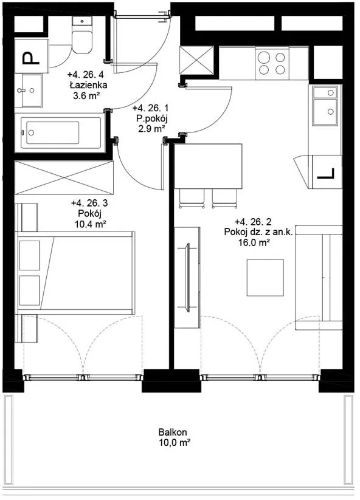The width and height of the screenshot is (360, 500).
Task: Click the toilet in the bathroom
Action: tap(82, 36)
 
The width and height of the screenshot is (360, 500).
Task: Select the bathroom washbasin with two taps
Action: tap(28, 91)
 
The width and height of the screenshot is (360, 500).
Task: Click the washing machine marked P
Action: tap(32, 56)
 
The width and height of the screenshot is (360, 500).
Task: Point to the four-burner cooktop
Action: tap(272, 63)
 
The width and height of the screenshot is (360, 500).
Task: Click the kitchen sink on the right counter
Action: tap(325, 106)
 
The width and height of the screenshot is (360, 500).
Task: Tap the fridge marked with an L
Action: tap(327, 172)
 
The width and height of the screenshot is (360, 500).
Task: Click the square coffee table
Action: tap(265, 278)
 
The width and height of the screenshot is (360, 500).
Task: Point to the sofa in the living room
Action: tap(319, 278)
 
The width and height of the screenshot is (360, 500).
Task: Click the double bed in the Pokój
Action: tap(75, 273)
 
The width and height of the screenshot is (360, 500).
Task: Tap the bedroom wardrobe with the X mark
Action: tap(64, 177)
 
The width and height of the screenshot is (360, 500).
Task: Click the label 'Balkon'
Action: tap(173, 433)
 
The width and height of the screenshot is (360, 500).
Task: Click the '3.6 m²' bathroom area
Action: tap(86, 95)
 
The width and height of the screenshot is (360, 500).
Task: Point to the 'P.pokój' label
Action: tap(152, 119)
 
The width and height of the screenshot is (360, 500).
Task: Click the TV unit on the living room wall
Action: tap(188, 278)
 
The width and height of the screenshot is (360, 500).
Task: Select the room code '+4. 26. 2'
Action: tap(253, 222)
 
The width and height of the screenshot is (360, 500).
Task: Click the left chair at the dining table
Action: tap(192, 198)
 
